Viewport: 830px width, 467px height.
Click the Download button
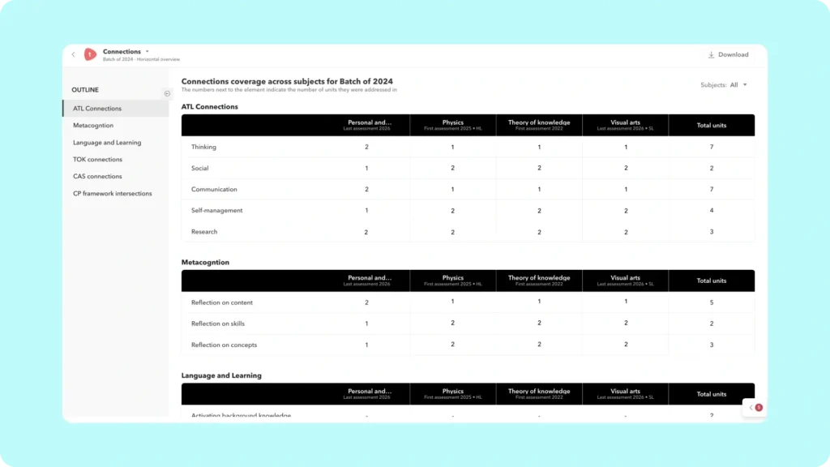728,55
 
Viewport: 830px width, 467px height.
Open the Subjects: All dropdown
723,85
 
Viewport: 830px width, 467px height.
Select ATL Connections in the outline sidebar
97,109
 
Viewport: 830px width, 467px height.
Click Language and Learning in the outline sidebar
107,143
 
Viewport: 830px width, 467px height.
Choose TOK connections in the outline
97,160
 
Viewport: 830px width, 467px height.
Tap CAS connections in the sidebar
97,177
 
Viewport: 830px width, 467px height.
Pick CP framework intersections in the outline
112,194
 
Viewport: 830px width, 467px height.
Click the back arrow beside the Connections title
73,55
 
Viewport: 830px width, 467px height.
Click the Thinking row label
203,148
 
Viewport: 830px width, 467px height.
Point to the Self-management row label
216,211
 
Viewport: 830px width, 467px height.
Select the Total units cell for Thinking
711,148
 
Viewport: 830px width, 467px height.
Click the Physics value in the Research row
452,232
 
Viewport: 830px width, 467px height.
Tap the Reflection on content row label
221,303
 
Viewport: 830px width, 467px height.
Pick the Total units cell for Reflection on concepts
711,345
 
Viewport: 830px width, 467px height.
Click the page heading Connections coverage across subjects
287,81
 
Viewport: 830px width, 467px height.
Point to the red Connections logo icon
90,55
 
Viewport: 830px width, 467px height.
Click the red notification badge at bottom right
759,408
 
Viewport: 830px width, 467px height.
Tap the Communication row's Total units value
711,190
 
